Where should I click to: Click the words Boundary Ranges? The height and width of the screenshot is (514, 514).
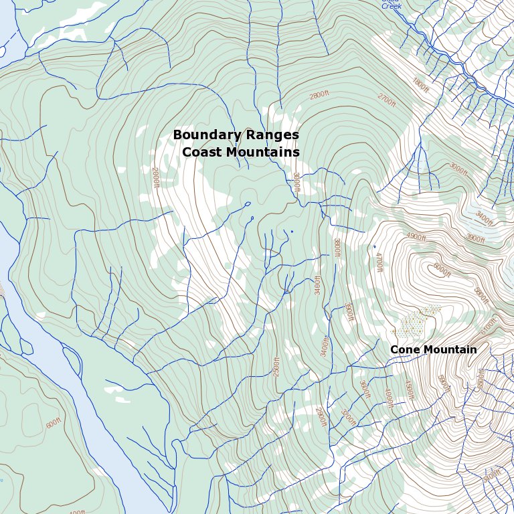pyautogui.click(x=236, y=135)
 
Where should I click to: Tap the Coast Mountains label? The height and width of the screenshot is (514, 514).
pyautogui.click(x=241, y=152)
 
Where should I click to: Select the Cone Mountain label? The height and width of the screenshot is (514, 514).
pyautogui.click(x=433, y=349)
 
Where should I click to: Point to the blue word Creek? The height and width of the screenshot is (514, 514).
pyautogui.click(x=392, y=5)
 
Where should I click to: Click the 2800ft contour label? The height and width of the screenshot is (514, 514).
pyautogui.click(x=319, y=94)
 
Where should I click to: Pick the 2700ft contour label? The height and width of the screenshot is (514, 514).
pyautogui.click(x=386, y=100)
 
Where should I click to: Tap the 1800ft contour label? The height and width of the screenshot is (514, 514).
pyautogui.click(x=420, y=85)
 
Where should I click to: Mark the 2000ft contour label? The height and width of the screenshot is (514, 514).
pyautogui.click(x=155, y=177)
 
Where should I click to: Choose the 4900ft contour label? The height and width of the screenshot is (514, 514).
pyautogui.click(x=416, y=236)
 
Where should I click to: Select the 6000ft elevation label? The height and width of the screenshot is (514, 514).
pyautogui.click(x=442, y=270)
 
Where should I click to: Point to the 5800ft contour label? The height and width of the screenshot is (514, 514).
pyautogui.click(x=481, y=295)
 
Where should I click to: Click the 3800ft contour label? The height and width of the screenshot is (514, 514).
pyautogui.click(x=337, y=248)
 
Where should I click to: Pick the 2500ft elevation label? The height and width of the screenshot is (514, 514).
pyautogui.click(x=276, y=366)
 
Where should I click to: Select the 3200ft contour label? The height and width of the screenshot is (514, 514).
pyautogui.click(x=347, y=417)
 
